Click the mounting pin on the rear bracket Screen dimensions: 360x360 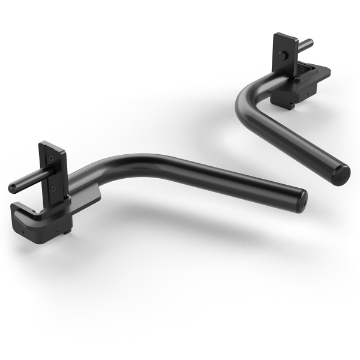pos(306,43)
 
